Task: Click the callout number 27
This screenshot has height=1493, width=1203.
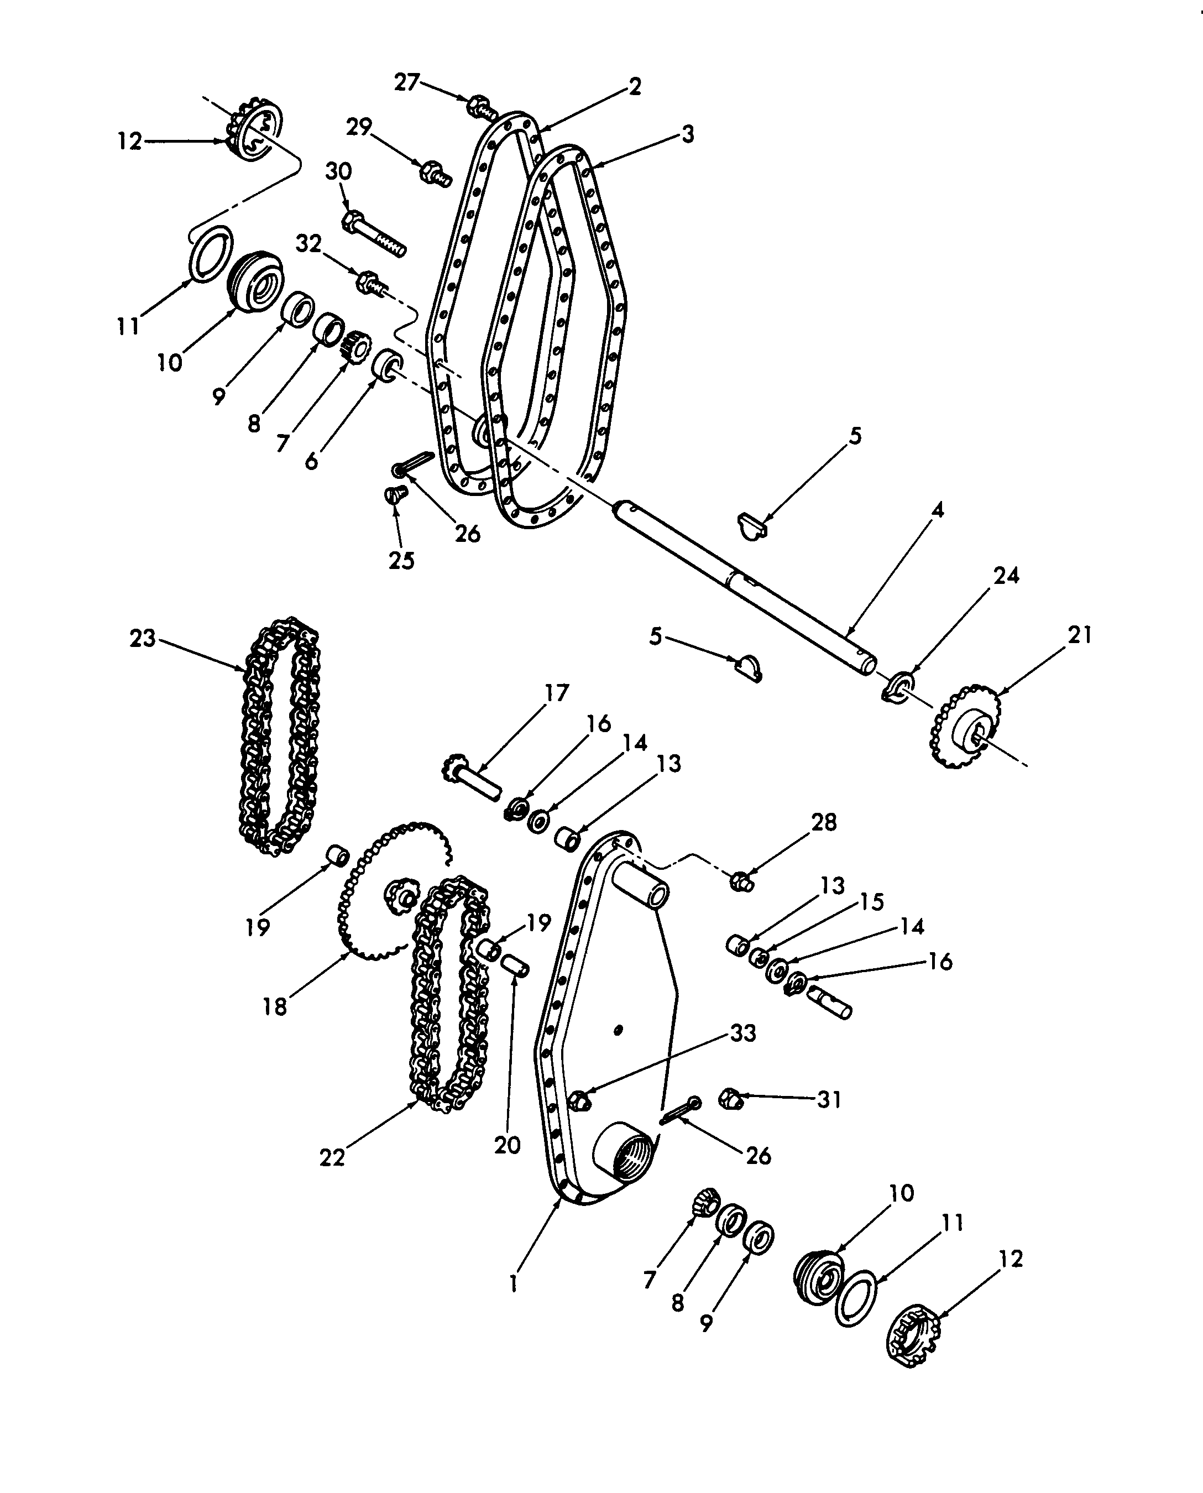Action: [407, 82]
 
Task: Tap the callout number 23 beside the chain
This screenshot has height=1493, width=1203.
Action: [143, 638]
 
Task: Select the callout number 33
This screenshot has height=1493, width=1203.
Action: [743, 1053]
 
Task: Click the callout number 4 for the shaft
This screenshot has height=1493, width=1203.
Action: [938, 510]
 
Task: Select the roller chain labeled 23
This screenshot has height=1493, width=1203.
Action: [279, 735]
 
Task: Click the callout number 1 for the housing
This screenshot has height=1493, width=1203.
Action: [513, 1285]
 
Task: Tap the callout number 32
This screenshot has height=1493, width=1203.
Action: [309, 243]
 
